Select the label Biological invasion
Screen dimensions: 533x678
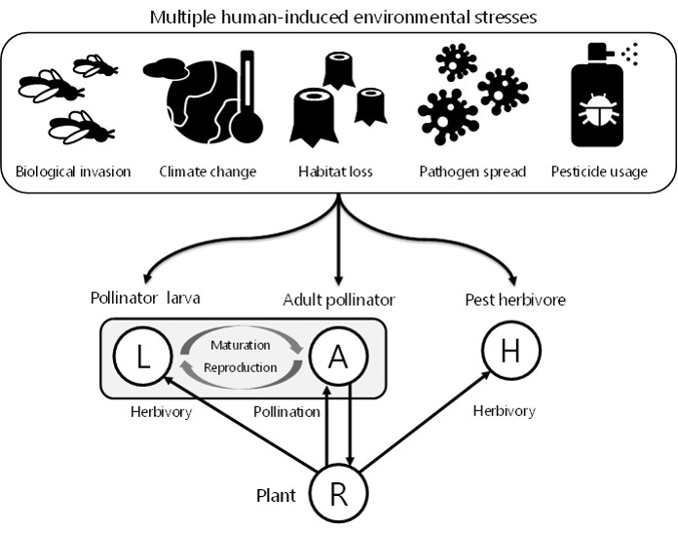point(73,172)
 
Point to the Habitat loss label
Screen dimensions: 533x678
point(339,172)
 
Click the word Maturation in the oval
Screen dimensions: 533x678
point(240,344)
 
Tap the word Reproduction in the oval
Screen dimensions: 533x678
point(240,368)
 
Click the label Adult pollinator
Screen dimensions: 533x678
point(338,298)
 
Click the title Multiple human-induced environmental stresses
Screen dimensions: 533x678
point(338,19)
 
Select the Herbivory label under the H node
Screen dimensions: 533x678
point(503,411)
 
